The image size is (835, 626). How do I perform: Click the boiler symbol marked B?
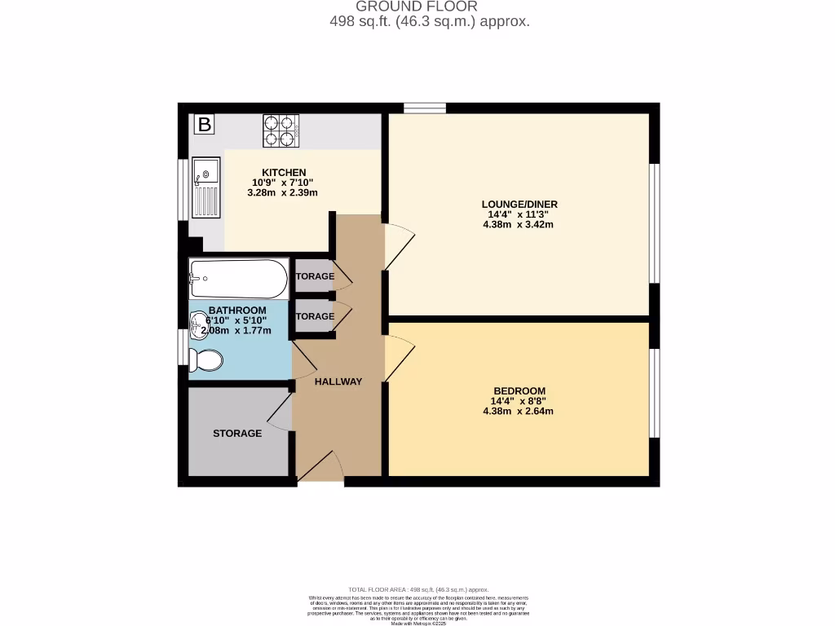204,125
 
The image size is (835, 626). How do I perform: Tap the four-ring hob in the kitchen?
281,130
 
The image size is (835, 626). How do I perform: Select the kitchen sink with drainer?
205,187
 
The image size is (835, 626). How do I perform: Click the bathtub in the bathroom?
238,279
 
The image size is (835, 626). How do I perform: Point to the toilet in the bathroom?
205,359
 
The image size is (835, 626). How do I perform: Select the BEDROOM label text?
518,390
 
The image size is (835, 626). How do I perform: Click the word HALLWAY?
338,381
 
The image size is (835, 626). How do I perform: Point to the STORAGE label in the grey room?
237,433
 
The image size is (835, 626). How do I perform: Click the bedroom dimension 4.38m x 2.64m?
518,411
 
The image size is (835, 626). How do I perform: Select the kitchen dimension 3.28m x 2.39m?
281,193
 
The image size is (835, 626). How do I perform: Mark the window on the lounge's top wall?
424,108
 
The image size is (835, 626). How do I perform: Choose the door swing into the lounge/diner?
400,245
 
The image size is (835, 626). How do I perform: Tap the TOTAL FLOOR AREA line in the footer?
417,589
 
